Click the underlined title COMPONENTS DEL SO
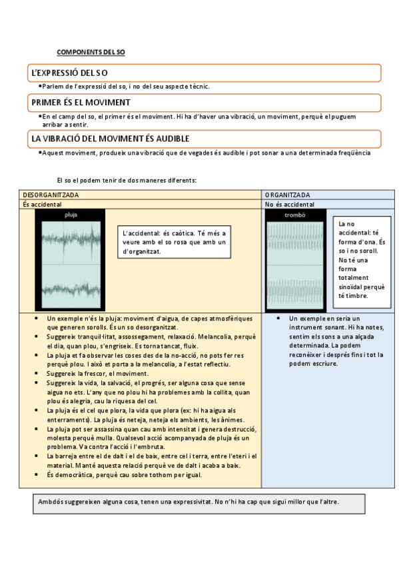pyautogui.click(x=91, y=51)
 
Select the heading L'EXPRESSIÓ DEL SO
pyautogui.click(x=69, y=72)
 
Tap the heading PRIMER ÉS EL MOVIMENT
pyautogui.click(x=81, y=103)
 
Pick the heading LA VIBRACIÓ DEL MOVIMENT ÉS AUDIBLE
pyautogui.click(x=111, y=139)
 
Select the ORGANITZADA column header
pyautogui.click(x=287, y=195)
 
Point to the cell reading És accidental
pyautogui.click(x=43, y=205)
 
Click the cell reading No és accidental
pyautogui.click(x=290, y=205)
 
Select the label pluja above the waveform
pyautogui.click(x=71, y=215)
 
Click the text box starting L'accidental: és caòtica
pyautogui.click(x=175, y=242)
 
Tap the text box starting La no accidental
pyautogui.click(x=362, y=260)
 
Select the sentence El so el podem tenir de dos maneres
pyautogui.click(x=127, y=180)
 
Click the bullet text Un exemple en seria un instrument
pyautogui.click(x=326, y=318)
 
